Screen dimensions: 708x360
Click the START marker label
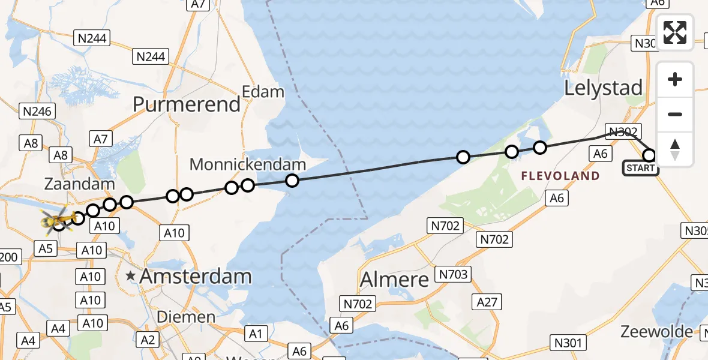(x=641, y=168)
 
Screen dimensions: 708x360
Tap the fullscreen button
(x=675, y=32)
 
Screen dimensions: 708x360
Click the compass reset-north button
(x=675, y=149)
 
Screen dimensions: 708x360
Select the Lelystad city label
(x=604, y=88)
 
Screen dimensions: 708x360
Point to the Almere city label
(x=394, y=280)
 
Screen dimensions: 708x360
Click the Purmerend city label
(x=187, y=104)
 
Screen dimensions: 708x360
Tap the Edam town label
(x=263, y=92)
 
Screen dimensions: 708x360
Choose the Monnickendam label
(x=248, y=164)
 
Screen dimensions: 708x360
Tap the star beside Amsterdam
(x=131, y=277)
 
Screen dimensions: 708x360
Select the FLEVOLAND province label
(x=560, y=176)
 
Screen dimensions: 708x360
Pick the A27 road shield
(x=487, y=302)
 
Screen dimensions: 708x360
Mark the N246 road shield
(x=38, y=111)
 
